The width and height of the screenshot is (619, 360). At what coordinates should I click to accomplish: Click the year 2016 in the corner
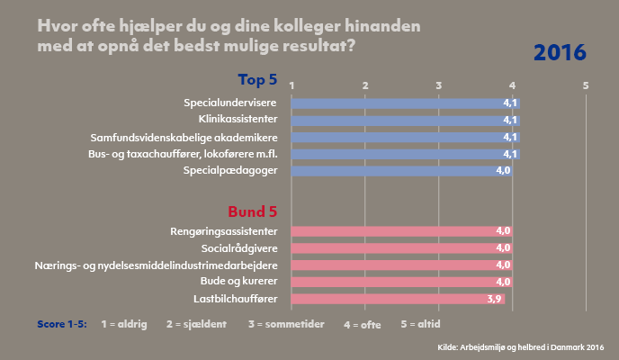coord(560,52)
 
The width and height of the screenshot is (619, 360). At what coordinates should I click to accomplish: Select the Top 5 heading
coord(257,79)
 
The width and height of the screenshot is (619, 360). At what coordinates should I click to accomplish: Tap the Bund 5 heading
coord(253,212)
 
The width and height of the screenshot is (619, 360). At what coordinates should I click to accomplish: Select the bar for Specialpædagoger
coord(401,170)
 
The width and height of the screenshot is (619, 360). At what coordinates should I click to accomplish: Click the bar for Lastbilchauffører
coord(398,298)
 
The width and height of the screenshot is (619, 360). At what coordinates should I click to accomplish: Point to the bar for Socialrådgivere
coord(401,247)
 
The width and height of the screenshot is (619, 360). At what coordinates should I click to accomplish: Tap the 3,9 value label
coord(494,298)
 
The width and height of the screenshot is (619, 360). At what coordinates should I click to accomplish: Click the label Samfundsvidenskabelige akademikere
coord(184,137)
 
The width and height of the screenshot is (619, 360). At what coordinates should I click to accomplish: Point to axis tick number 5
coord(586,85)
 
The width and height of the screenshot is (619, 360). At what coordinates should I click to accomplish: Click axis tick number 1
coord(292,85)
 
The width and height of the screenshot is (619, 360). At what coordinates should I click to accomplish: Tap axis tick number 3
coord(439,85)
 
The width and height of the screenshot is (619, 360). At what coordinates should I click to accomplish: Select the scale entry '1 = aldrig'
coord(125,321)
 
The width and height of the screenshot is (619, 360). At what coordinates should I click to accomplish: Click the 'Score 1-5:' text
coord(62,321)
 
